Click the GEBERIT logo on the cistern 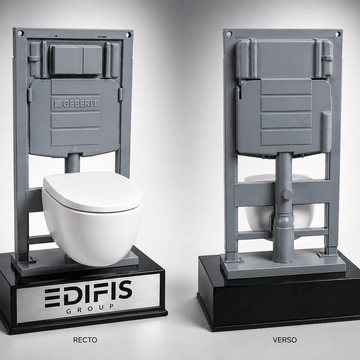(76, 104)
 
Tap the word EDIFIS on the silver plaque (88, 294)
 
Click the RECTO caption (85, 340)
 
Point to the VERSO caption (285, 340)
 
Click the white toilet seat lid (93, 192)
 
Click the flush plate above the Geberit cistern (76, 59)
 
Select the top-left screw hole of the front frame (21, 33)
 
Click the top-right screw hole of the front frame (129, 35)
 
